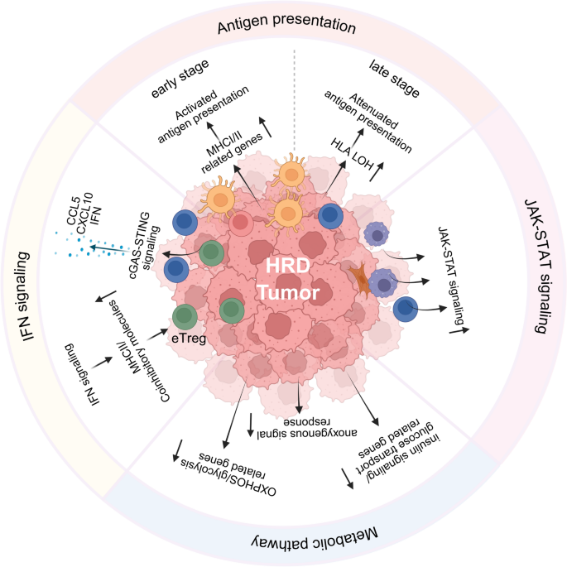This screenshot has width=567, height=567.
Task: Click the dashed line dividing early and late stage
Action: (296, 99)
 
